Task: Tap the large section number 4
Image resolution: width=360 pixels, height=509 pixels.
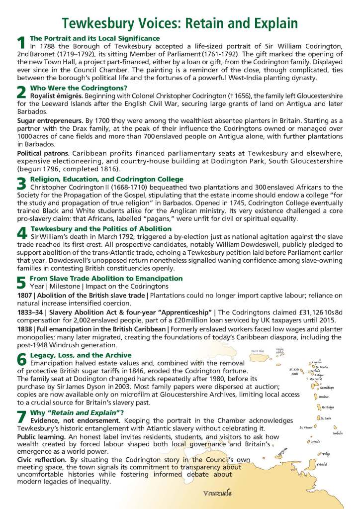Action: [21, 233]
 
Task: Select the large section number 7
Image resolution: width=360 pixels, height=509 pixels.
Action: [21, 417]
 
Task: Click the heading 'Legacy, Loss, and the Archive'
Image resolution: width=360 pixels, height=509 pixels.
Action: [81, 355]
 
